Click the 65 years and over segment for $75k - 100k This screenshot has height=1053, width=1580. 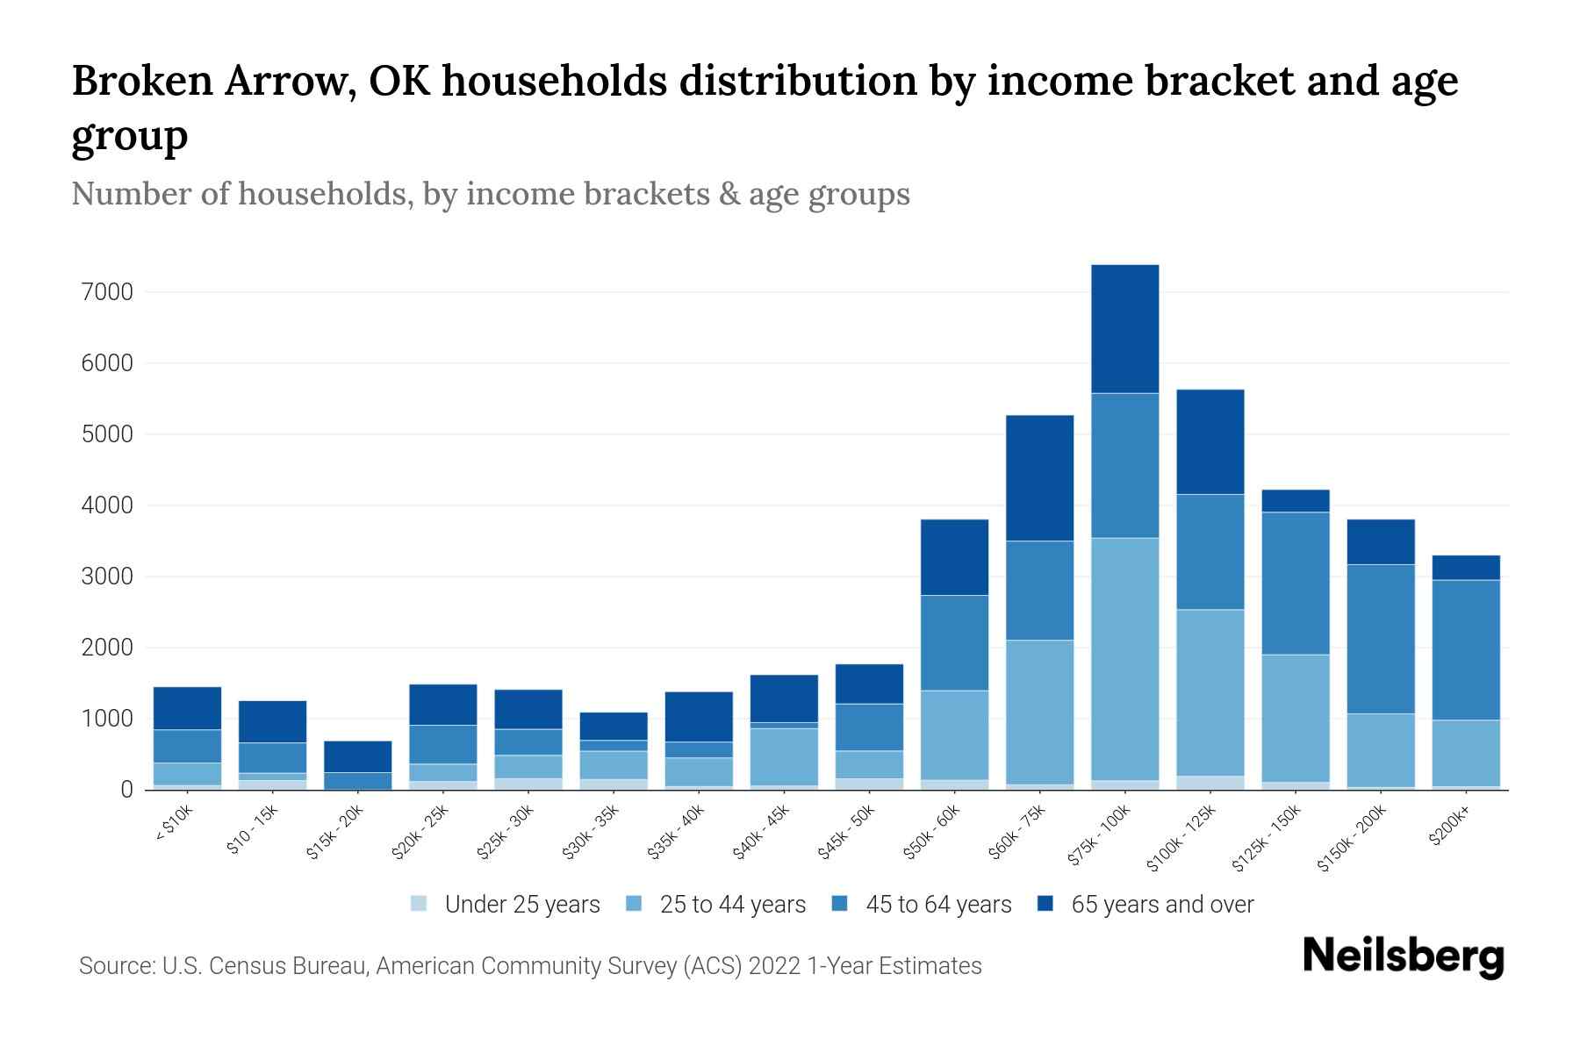point(1124,329)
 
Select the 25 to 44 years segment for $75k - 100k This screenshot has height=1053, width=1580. point(1124,658)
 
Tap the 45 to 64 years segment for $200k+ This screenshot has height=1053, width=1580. point(1465,650)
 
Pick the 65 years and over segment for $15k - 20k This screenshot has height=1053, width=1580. point(357,756)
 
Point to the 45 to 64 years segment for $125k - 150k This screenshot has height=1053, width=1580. point(1295,583)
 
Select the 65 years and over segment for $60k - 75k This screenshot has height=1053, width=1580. point(1039,477)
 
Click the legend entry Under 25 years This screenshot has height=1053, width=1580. point(522,905)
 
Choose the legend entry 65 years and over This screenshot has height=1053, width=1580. point(1161,905)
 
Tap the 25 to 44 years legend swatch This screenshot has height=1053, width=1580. point(634,904)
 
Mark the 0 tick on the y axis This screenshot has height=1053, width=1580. point(126,791)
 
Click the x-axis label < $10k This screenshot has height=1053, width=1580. point(174,824)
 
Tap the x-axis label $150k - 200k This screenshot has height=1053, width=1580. point(1352,838)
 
